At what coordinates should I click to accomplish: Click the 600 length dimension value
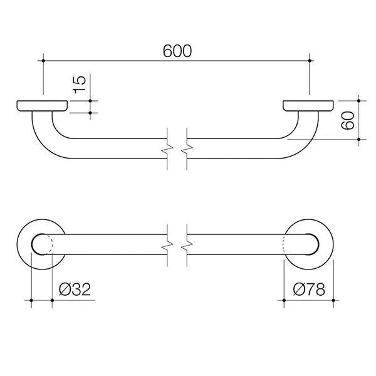[x=177, y=51]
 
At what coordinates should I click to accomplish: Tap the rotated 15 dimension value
[x=80, y=85]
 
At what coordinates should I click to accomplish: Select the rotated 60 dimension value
[x=348, y=120]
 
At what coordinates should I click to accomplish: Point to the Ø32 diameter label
[x=75, y=289]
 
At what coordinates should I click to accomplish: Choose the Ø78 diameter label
[x=309, y=289]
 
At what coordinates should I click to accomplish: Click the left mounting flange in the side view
[x=42, y=106]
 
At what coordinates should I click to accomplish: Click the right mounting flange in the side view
[x=308, y=106]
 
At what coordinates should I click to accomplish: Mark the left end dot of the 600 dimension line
[x=43, y=61]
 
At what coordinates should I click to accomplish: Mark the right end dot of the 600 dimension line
[x=310, y=61]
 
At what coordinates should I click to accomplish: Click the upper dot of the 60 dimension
[x=358, y=101]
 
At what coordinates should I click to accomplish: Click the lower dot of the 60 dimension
[x=358, y=139]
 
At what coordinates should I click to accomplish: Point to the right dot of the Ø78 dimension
[x=333, y=300]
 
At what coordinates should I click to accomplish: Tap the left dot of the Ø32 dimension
[x=31, y=300]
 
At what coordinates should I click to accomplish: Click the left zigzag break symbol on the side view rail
[x=167, y=149]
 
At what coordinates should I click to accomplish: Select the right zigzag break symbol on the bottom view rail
[x=187, y=245]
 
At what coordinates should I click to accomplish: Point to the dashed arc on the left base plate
[x=52, y=244]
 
